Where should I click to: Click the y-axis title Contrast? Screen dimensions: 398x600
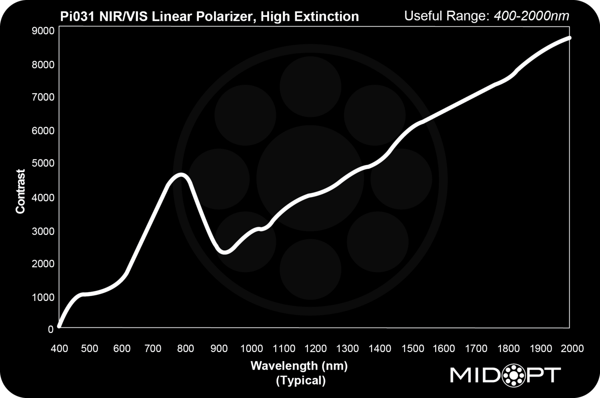pyautogui.click(x=20, y=191)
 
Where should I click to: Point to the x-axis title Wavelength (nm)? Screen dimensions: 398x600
pyautogui.click(x=299, y=366)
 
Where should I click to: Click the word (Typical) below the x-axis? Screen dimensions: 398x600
pyautogui.click(x=301, y=380)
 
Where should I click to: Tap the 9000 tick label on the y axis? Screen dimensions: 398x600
pyautogui.click(x=42, y=31)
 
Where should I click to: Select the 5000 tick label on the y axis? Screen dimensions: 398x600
pyautogui.click(x=42, y=163)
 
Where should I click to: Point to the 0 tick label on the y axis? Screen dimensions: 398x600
pyautogui.click(x=50, y=330)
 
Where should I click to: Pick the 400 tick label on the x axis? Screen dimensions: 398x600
pyautogui.click(x=59, y=348)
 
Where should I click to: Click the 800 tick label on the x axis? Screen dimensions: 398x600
pyautogui.click(x=186, y=348)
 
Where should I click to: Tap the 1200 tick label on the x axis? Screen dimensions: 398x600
pyautogui.click(x=316, y=348)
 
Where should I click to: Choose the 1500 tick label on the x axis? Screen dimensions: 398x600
pyautogui.click(x=413, y=348)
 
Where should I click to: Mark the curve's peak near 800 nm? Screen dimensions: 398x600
pyautogui.click(x=181, y=175)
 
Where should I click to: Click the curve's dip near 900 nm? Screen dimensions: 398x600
pyautogui.click(x=225, y=252)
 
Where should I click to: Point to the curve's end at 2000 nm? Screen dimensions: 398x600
pyautogui.click(x=569, y=38)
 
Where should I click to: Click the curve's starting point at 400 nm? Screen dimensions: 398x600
pyautogui.click(x=60, y=326)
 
